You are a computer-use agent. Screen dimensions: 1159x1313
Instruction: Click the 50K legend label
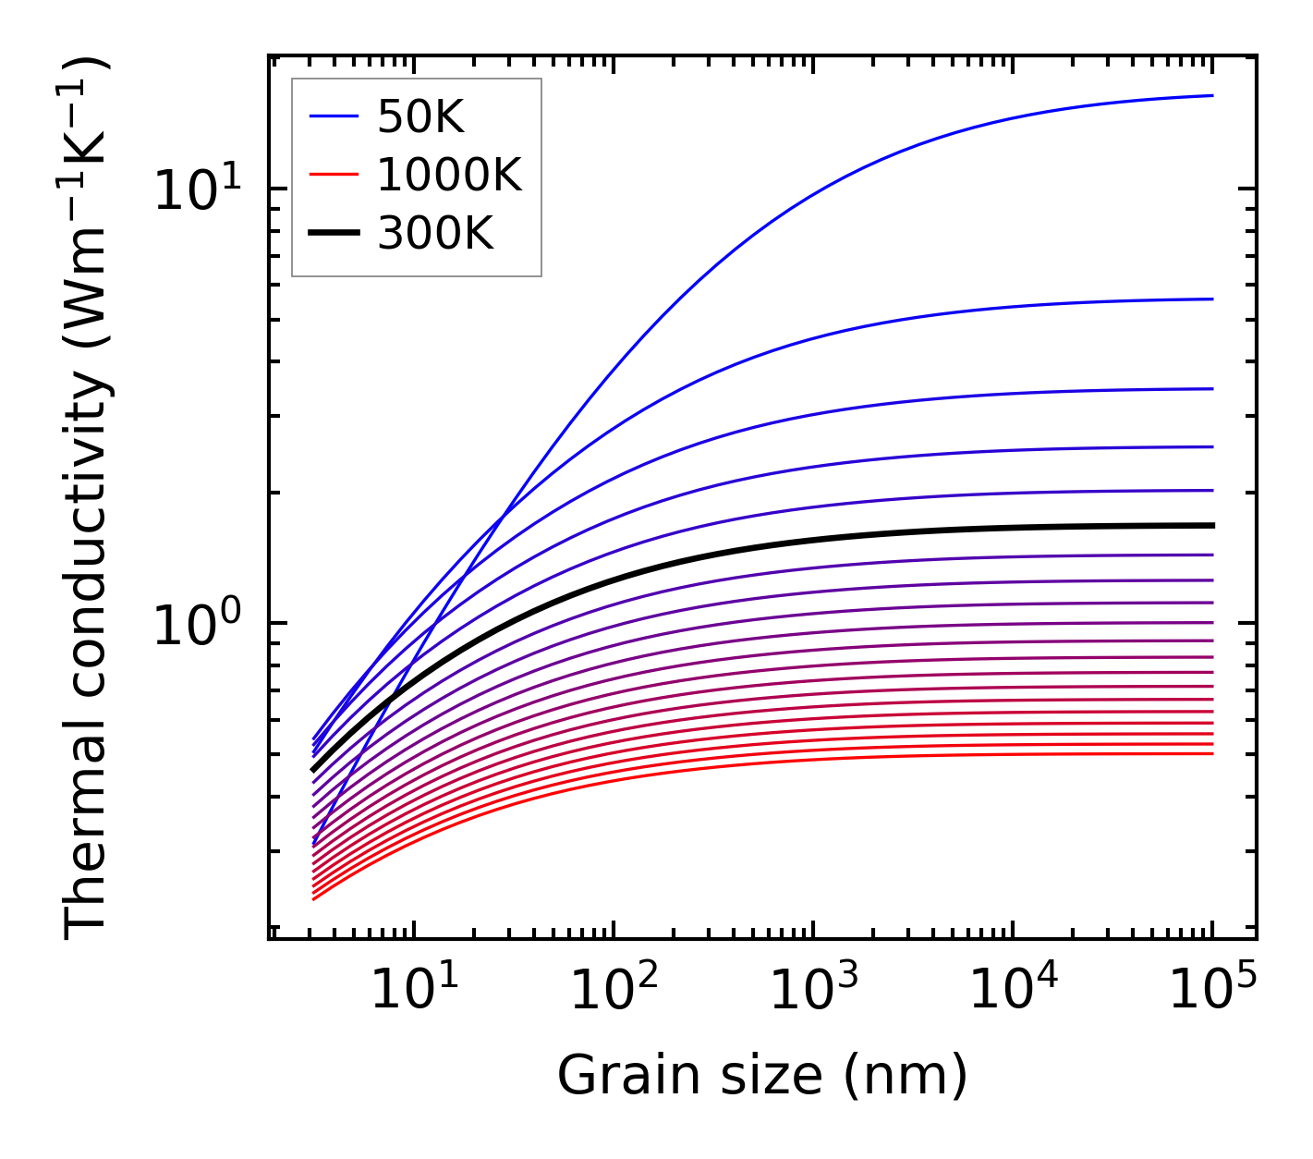(x=420, y=116)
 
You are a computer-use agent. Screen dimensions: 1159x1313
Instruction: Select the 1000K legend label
(x=449, y=175)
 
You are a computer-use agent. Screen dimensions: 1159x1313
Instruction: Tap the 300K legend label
(x=435, y=234)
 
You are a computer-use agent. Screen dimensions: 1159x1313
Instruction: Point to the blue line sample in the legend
(x=333, y=116)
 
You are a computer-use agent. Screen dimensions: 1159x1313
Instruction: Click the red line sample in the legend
(x=333, y=175)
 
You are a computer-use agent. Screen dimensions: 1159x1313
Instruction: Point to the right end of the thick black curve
(x=1212, y=525)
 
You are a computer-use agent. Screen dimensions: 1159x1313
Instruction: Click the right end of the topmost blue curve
(x=1212, y=95)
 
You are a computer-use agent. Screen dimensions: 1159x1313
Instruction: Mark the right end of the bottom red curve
(x=1212, y=753)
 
